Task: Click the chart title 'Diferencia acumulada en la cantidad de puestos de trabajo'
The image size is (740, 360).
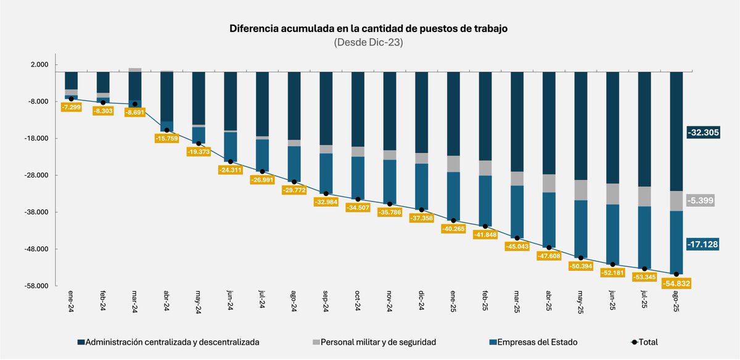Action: coord(369,29)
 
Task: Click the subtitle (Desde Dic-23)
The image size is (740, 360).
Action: coord(369,43)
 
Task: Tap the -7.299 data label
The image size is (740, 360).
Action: coord(72,107)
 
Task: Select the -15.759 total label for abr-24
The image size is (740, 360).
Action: coord(166,139)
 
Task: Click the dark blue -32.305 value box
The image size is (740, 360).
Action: coord(703,133)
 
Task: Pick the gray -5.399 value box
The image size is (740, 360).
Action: coord(701,200)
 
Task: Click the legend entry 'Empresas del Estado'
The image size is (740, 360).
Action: coord(538,341)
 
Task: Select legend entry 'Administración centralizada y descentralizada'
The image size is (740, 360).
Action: coord(168,341)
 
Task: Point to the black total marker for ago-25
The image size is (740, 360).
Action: coord(676,274)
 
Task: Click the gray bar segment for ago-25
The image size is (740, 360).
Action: coord(676,201)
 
